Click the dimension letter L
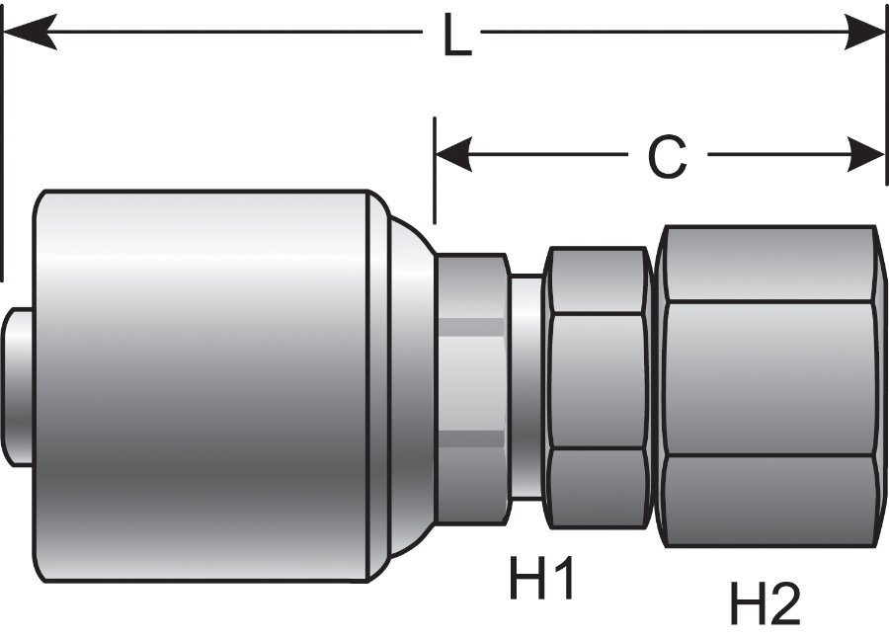(x=455, y=39)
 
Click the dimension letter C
(x=667, y=156)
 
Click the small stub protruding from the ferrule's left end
(x=19, y=386)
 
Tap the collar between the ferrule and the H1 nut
(x=471, y=385)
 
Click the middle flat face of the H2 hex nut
(x=769, y=378)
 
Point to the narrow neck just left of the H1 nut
(x=526, y=386)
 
